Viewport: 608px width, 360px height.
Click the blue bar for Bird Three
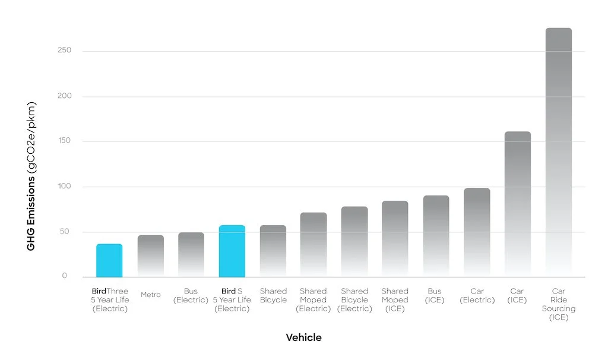click(x=109, y=261)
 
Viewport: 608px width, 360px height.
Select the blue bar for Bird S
click(x=232, y=251)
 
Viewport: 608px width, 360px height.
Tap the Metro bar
click(x=151, y=256)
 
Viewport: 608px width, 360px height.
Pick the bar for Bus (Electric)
click(x=191, y=255)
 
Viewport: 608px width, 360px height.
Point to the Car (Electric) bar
click(x=477, y=232)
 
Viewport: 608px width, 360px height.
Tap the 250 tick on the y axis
click(x=64, y=50)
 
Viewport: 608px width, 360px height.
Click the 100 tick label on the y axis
click(x=64, y=187)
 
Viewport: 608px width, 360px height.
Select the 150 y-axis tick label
click(x=64, y=141)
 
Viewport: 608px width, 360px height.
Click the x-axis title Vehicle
click(x=303, y=337)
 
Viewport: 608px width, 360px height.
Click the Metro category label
click(x=151, y=295)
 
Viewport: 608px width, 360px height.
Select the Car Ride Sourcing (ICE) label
click(x=559, y=304)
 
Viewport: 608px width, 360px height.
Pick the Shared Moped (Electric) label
click(x=313, y=300)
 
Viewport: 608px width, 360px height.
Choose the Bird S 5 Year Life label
click(x=232, y=300)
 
